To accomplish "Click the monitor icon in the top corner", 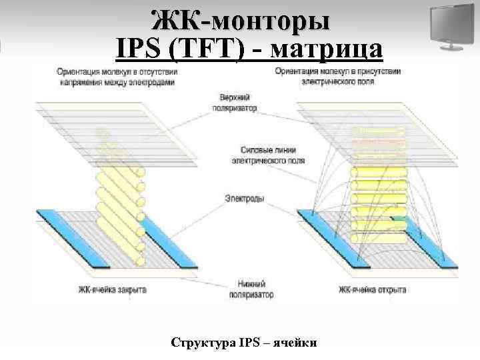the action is pos(449,27).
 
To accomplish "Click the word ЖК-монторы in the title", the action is pos(240,20).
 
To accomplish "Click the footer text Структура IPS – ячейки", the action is pos(244,343).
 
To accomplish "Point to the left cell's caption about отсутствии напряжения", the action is pos(117,76).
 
